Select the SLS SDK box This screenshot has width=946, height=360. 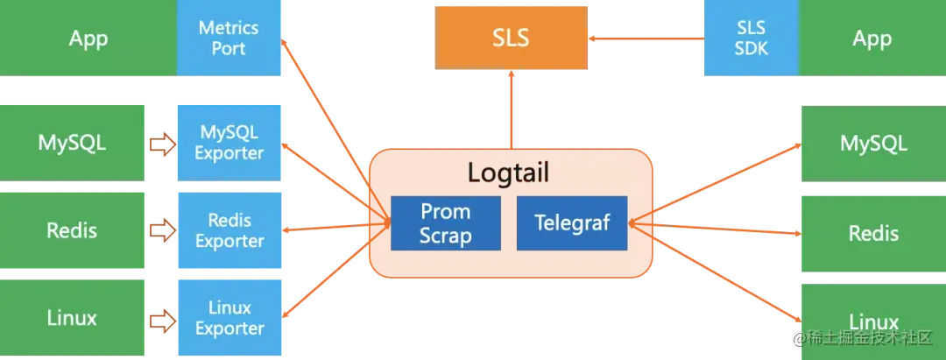(x=751, y=38)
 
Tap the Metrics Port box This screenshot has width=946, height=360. (x=229, y=38)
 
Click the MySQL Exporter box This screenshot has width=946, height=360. (x=229, y=143)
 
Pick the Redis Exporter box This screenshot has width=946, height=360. (x=229, y=230)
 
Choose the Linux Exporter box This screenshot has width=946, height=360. (x=229, y=318)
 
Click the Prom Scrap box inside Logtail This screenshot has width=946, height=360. (x=445, y=223)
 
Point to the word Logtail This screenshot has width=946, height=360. (x=508, y=173)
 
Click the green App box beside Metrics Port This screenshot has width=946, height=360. (x=88, y=38)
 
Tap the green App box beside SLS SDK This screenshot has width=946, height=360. (x=872, y=38)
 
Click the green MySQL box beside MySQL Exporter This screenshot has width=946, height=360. (x=73, y=143)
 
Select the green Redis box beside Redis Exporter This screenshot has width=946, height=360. (x=73, y=230)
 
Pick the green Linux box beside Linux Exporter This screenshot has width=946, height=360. (x=73, y=318)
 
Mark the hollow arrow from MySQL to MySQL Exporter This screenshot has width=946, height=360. (x=162, y=145)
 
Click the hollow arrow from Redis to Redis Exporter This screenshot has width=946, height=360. (x=162, y=232)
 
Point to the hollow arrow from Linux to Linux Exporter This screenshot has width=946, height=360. (x=162, y=321)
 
